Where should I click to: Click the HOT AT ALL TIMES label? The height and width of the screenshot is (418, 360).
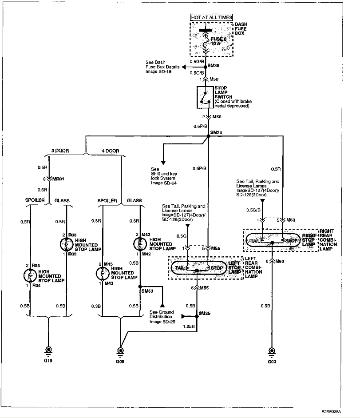[x=211, y=17]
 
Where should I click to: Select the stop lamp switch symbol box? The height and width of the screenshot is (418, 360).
[x=205, y=97]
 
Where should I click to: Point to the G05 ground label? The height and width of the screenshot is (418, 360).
[x=120, y=362]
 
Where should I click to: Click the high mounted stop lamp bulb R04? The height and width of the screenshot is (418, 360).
[x=30, y=275]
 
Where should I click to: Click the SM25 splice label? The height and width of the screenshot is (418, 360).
[x=204, y=314]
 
